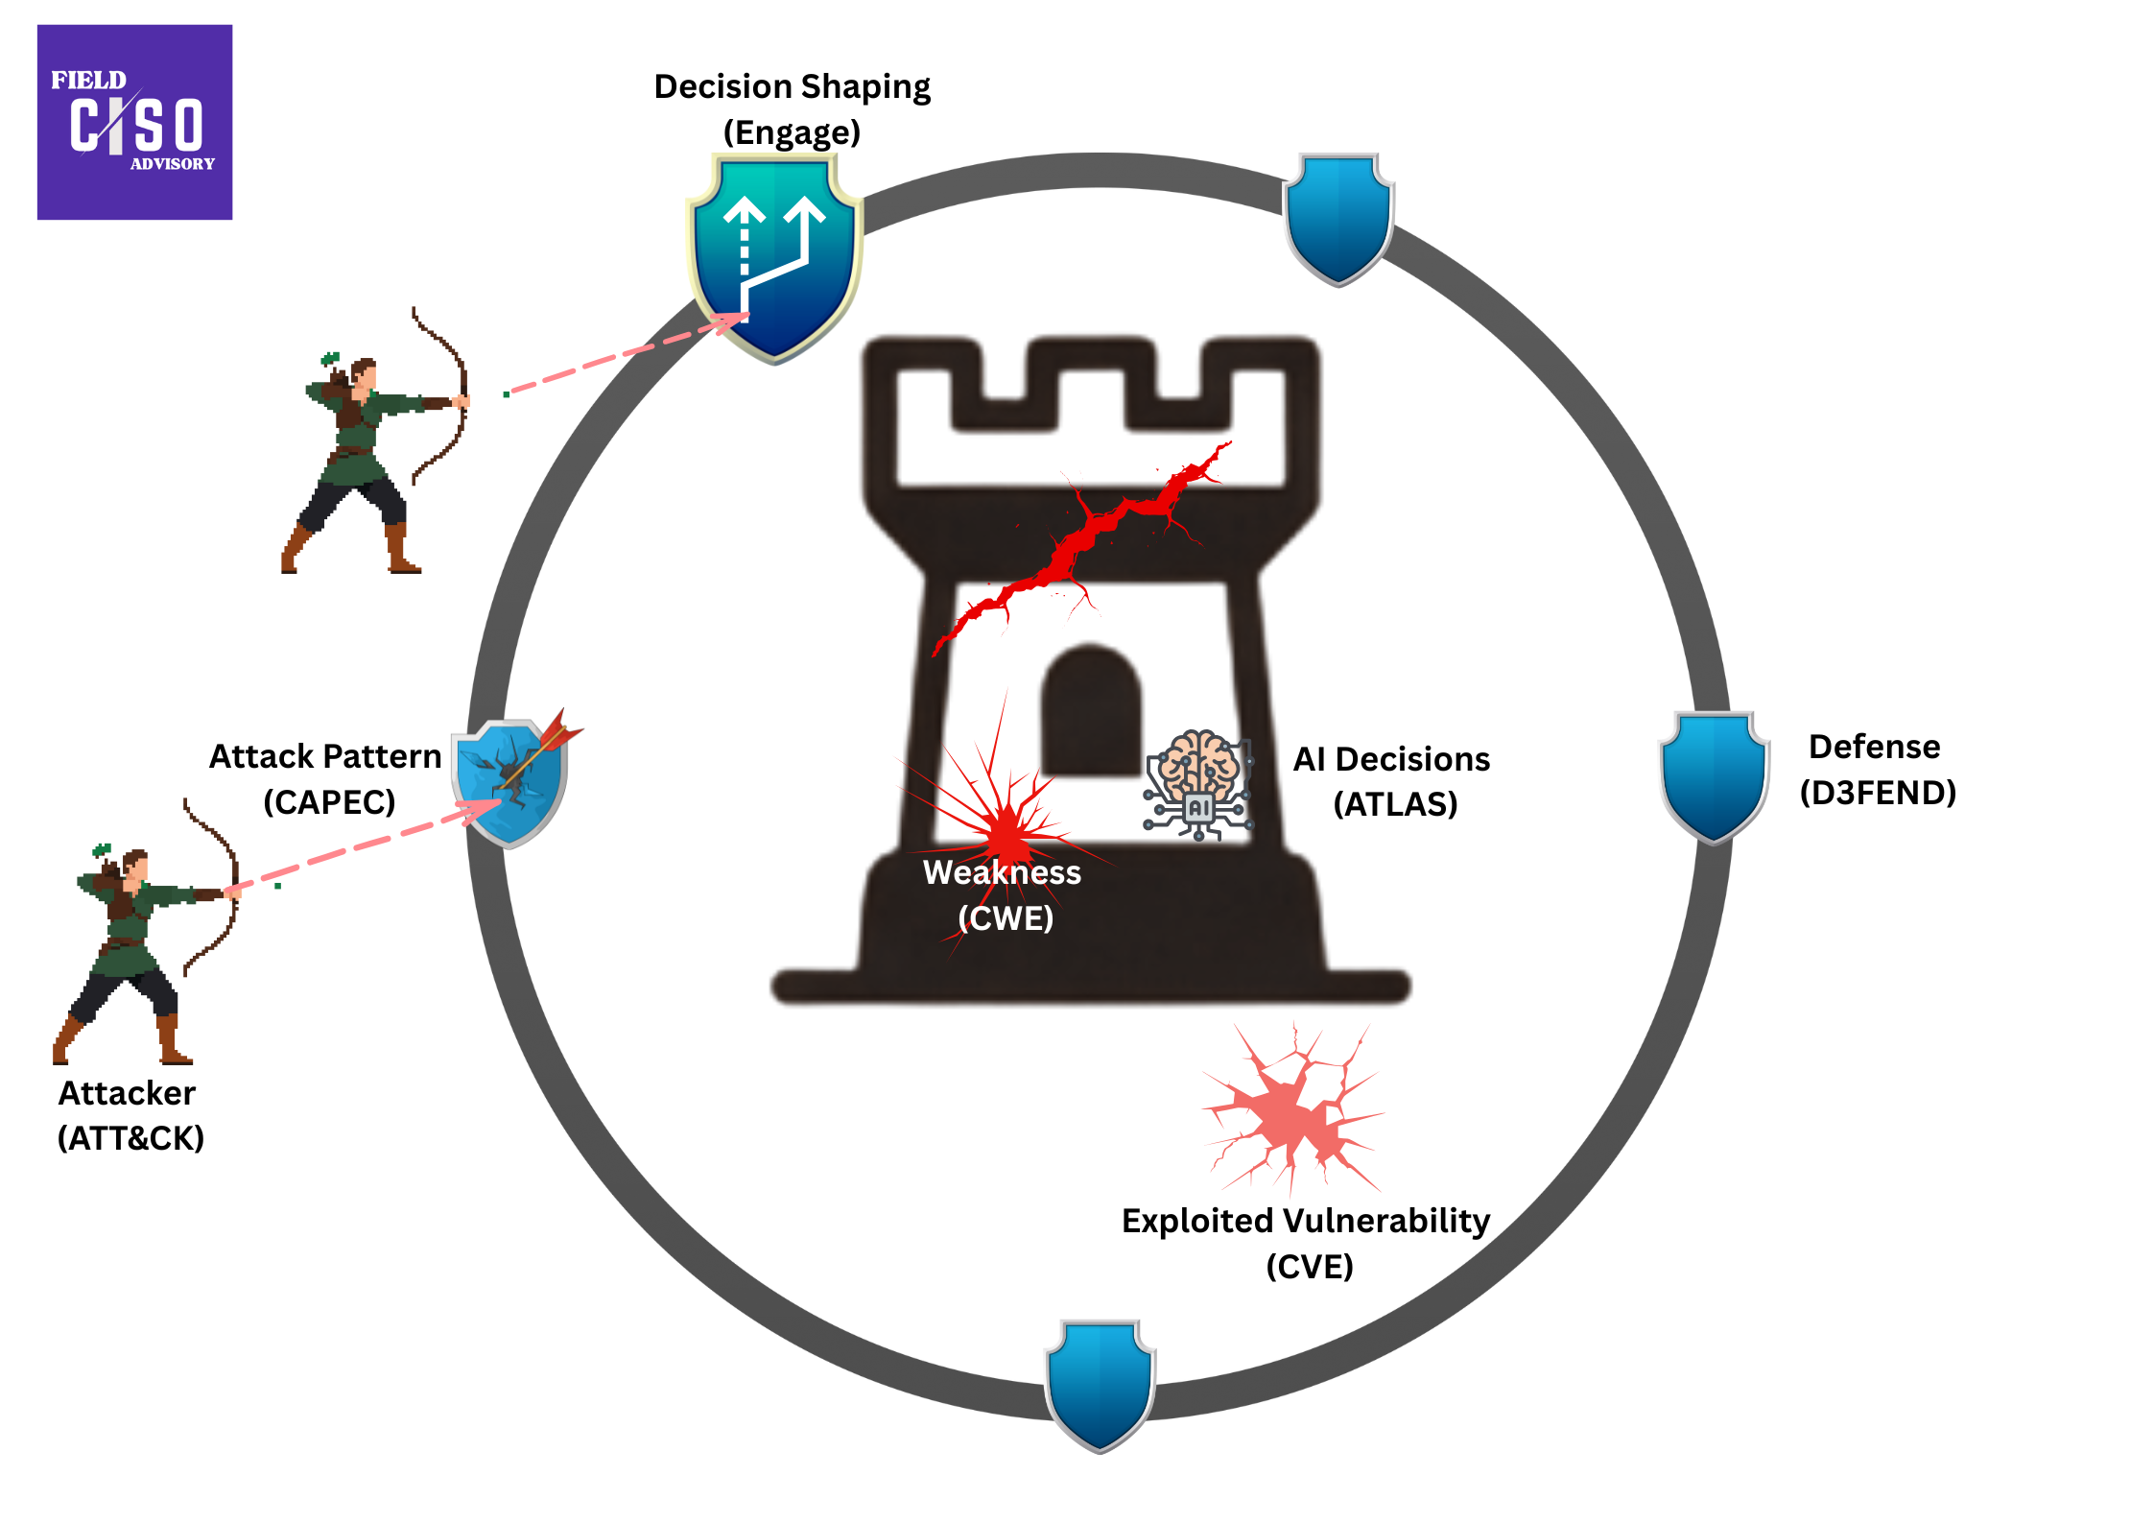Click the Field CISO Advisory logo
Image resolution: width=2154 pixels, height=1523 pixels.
point(134,122)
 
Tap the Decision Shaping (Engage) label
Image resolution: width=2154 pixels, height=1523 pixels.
point(792,108)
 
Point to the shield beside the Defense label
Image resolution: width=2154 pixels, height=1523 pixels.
point(1715,775)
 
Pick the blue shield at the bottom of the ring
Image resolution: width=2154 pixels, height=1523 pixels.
point(1100,1384)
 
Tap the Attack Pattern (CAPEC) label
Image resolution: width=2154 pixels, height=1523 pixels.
point(326,778)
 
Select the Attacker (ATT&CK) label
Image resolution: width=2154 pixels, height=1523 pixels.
point(129,1115)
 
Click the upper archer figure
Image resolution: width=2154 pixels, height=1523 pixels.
point(374,451)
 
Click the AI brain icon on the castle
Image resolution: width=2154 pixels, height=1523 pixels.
point(1198,783)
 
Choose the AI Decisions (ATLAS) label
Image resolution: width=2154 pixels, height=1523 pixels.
point(1392,781)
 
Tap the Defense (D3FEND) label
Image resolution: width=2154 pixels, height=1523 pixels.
point(1877,769)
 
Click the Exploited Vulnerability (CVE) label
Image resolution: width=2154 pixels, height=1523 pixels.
point(1307,1243)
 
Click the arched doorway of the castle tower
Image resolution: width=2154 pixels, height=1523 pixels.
point(1091,711)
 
